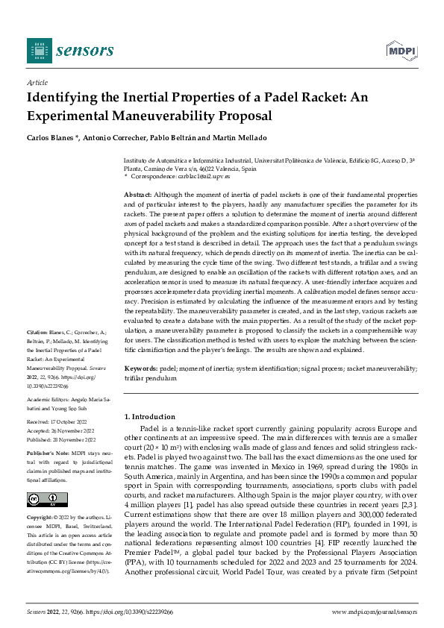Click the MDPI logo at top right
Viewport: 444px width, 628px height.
click(x=401, y=50)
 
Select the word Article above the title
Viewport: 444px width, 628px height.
click(x=37, y=83)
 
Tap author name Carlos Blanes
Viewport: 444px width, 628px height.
click(x=50, y=139)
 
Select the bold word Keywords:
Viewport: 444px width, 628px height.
click(x=140, y=369)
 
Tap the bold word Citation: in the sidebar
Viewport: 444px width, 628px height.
click(x=37, y=351)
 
